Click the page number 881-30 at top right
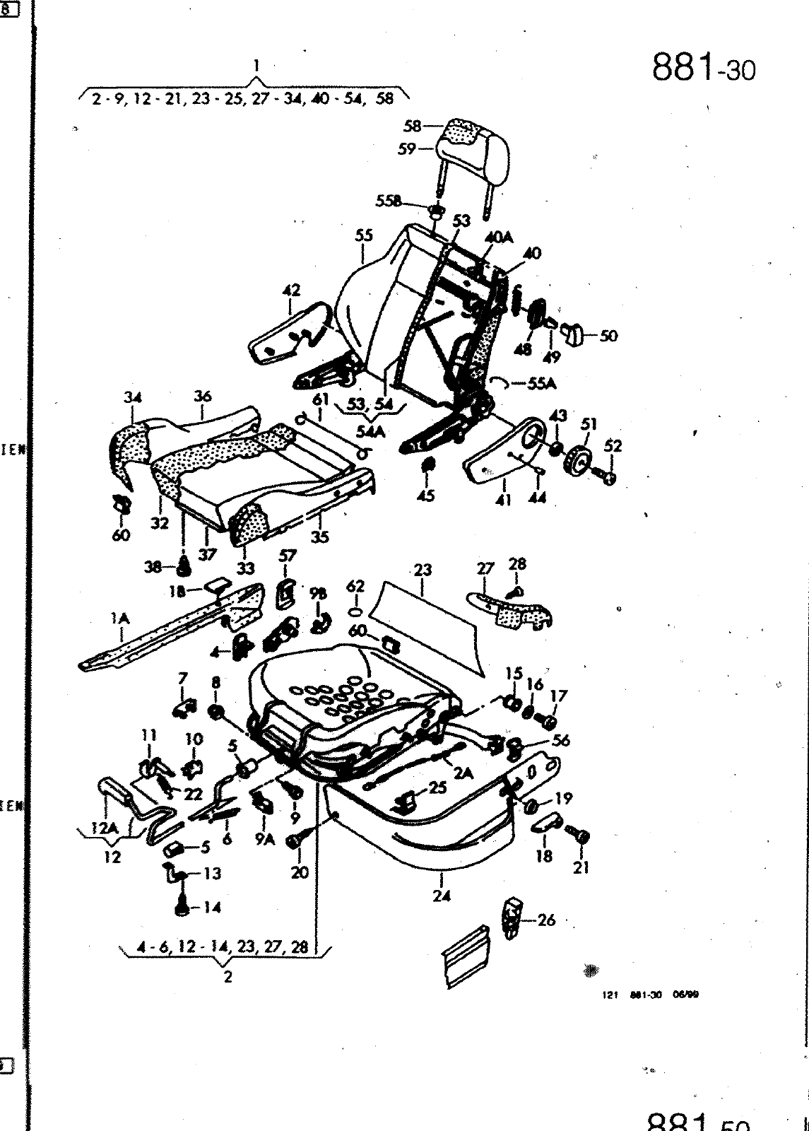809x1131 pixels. [702, 69]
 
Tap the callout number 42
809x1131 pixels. [291, 290]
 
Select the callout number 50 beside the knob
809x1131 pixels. [608, 336]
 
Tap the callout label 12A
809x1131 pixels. [104, 828]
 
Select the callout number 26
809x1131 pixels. [546, 920]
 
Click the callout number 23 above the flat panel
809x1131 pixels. [423, 570]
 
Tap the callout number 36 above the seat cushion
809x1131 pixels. [203, 396]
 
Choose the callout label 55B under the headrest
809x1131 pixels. [388, 201]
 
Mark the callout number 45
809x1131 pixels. [426, 496]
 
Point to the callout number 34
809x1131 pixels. [133, 397]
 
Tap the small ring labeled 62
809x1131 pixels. [356, 611]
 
